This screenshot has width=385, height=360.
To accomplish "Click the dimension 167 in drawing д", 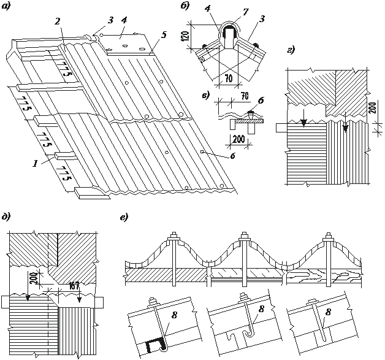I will (75, 284).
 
